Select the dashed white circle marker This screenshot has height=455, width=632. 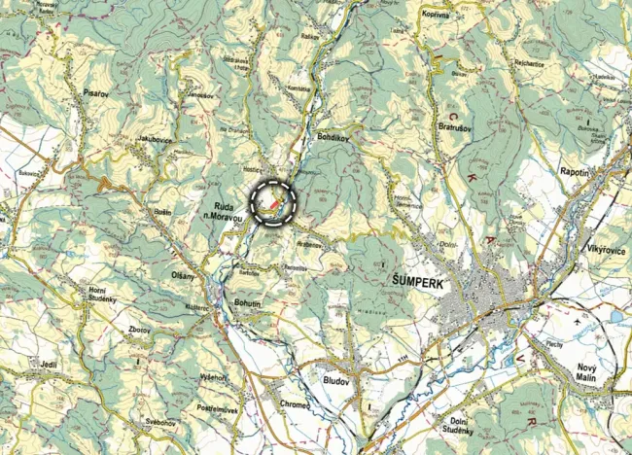(x=272, y=202)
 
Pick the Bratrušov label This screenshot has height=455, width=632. (x=456, y=126)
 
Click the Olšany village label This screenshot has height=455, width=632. (x=183, y=276)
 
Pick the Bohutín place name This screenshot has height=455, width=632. (x=248, y=304)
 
